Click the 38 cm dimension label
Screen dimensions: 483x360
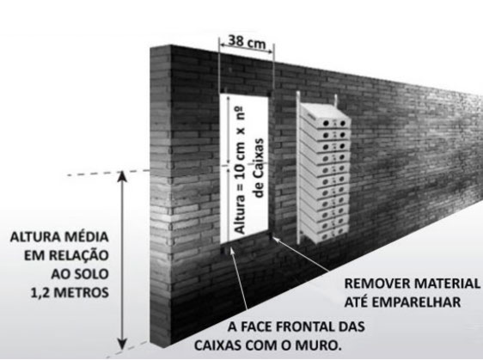[247, 41]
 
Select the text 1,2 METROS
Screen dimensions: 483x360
[70, 293]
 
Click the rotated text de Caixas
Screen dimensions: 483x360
[259, 168]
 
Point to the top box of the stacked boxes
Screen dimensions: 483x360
[325, 116]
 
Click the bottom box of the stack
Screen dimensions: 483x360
[324, 233]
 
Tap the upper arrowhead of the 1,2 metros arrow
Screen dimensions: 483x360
[123, 177]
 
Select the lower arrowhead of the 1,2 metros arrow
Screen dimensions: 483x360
[123, 343]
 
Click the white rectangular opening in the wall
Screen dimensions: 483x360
[244, 168]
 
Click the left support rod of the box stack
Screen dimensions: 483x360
[298, 167]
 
